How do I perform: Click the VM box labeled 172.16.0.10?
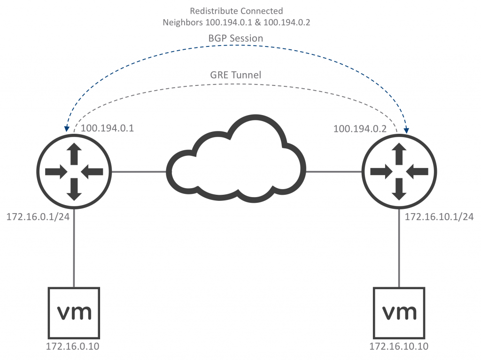pos(74,312)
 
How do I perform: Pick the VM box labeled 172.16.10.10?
pos(399,312)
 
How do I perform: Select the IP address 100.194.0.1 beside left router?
pos(108,128)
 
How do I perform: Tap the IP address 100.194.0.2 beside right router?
pos(360,128)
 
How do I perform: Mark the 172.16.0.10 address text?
pos(73,347)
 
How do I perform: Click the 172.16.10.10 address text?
pos(399,347)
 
